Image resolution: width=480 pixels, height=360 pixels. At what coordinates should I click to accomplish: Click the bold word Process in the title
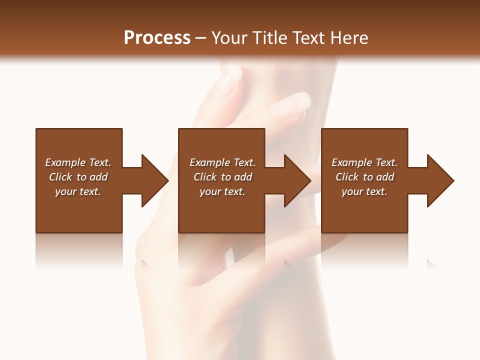[157, 38]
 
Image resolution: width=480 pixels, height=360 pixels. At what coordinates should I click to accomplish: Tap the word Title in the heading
[269, 38]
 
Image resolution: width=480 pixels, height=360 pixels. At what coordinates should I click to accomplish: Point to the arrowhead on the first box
[154, 180]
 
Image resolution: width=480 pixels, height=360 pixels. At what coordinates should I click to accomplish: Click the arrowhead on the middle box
[297, 180]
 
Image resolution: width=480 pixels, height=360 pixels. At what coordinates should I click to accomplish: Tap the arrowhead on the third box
[440, 180]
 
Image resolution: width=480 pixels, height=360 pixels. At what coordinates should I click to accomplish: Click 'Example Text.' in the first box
[78, 162]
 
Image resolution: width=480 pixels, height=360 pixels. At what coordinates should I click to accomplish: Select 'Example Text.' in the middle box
[222, 162]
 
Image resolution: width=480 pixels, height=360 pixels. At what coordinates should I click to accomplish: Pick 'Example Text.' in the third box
[364, 162]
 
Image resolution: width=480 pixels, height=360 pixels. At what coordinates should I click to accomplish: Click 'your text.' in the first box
[78, 191]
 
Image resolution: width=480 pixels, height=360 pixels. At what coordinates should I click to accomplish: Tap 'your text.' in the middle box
[222, 191]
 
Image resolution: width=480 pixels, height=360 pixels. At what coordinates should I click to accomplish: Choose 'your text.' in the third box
[364, 191]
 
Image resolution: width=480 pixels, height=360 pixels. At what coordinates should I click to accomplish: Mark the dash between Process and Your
[201, 38]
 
